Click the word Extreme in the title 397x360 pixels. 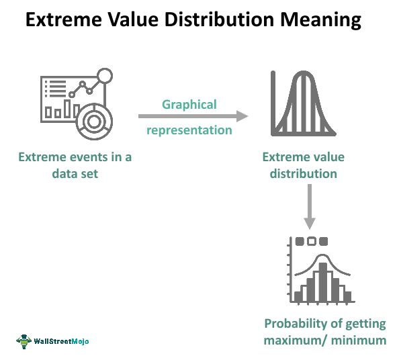(64, 19)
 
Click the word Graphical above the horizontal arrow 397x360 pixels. (189, 105)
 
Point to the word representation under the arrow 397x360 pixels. (189, 130)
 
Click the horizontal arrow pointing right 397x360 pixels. (193, 116)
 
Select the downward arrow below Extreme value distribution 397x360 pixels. (310, 207)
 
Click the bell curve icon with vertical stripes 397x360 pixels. (304, 103)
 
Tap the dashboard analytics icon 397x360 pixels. (77, 104)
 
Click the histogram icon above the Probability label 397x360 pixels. (321, 270)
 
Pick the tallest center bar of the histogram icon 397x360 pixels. (323, 282)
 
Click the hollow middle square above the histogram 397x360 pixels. (312, 241)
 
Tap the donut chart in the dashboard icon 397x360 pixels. (94, 122)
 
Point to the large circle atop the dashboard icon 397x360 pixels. (105, 75)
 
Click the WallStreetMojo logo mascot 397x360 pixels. (24, 341)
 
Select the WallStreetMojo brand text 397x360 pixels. (61, 341)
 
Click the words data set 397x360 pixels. (75, 174)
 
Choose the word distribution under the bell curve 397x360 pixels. (304, 174)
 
